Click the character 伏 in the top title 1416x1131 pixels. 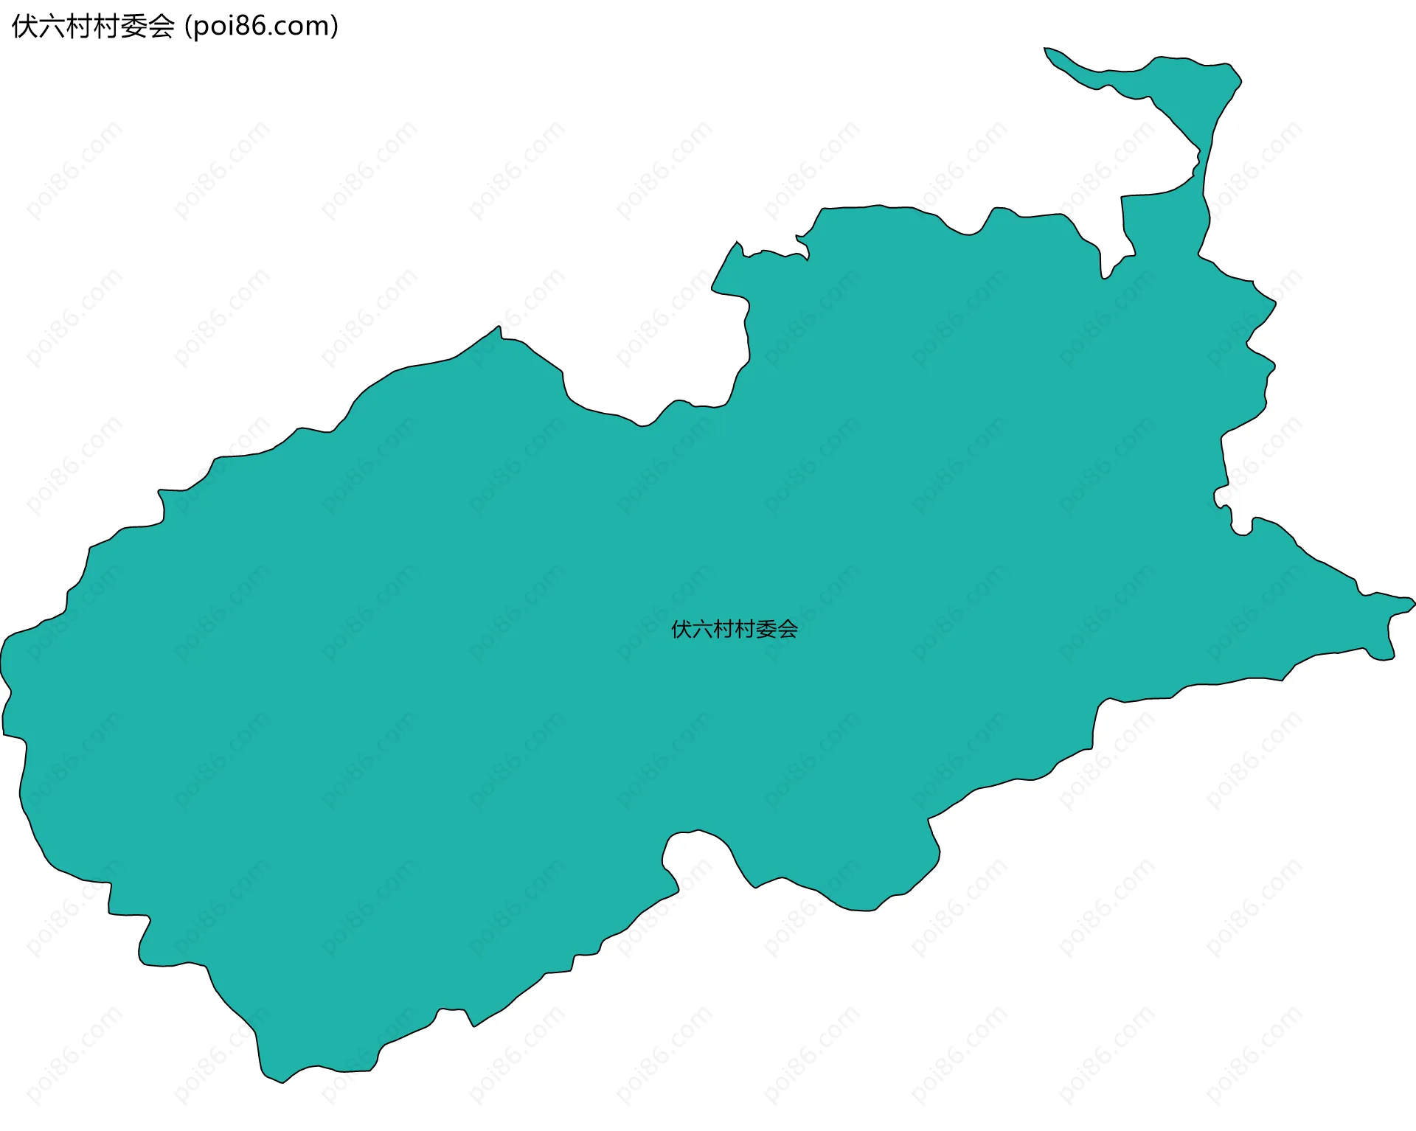click(x=25, y=27)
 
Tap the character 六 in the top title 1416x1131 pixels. click(x=52, y=27)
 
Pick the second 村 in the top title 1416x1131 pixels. click(x=107, y=27)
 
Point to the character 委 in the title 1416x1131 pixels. click(x=134, y=27)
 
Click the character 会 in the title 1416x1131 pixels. click(x=162, y=27)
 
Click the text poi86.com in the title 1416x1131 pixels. click(x=262, y=27)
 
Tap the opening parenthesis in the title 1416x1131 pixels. click(x=189, y=27)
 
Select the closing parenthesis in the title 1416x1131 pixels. click(x=335, y=27)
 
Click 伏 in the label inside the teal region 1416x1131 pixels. click(x=681, y=629)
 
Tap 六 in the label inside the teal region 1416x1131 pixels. click(x=703, y=629)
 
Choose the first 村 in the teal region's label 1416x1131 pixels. click(x=724, y=629)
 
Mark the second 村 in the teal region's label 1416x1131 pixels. click(x=746, y=629)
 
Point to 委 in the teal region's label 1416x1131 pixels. click(x=767, y=629)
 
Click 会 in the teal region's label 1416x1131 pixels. click(x=788, y=629)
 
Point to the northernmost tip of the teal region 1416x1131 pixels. click(x=1046, y=49)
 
